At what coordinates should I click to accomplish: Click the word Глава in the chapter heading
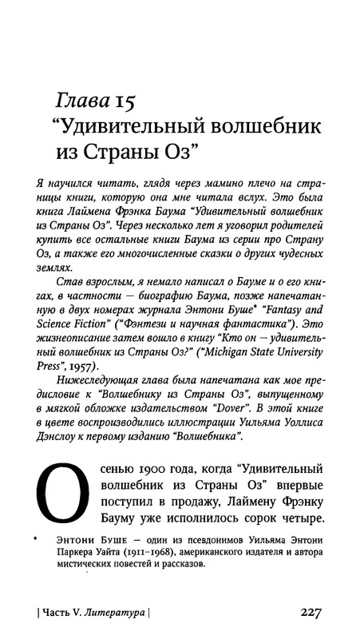(81, 101)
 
